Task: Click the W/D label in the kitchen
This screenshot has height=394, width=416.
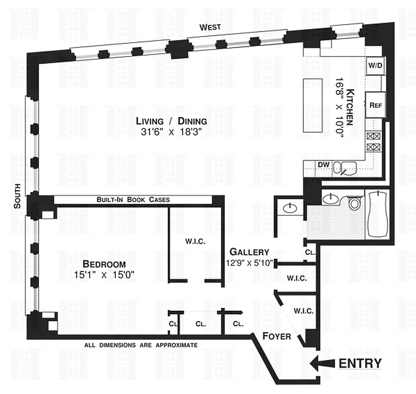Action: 375,65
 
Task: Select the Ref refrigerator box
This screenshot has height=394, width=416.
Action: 375,105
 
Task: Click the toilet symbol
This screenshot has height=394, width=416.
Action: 354,202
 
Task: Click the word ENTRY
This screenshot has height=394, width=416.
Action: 360,364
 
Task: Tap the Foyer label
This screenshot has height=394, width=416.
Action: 276,337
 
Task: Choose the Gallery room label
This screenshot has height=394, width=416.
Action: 249,251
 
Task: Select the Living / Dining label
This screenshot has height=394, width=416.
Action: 171,121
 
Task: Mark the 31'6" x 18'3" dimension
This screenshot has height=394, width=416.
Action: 171,132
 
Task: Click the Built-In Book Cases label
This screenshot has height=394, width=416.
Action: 133,200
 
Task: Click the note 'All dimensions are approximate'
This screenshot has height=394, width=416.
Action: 141,345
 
